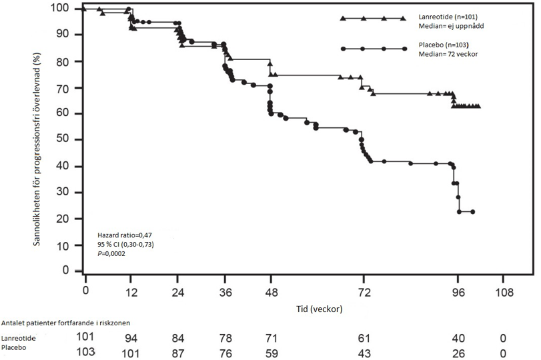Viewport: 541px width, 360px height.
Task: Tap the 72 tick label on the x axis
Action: pos(363,292)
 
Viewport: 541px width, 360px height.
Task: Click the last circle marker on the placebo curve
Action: pos(472,212)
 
